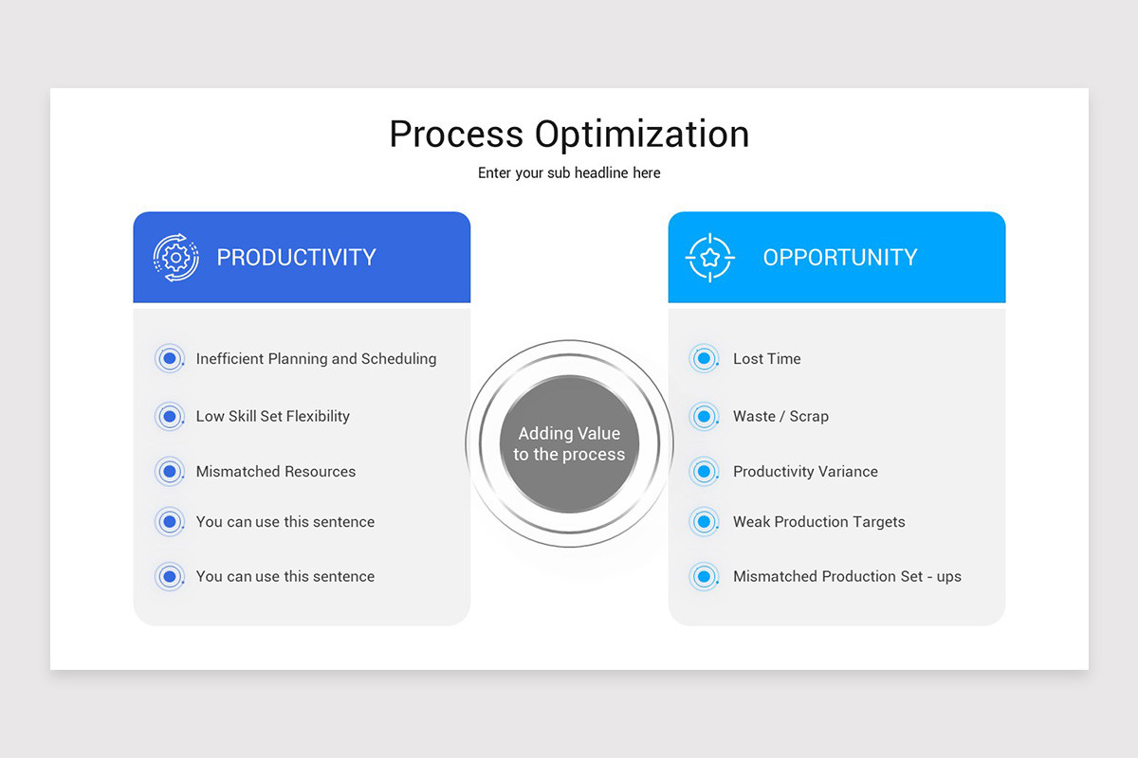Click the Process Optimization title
569,134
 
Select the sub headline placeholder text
569,173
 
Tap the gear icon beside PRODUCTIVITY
175,258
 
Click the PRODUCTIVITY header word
296,258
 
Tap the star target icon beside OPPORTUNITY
710,258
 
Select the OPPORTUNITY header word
839,258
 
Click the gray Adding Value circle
569,444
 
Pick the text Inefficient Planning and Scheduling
316,359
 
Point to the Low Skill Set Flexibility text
272,416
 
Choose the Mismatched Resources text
275,472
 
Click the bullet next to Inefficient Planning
170,359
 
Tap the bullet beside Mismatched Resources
170,471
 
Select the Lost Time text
766,359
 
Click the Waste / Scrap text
780,416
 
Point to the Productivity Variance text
805,472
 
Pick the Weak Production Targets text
818,522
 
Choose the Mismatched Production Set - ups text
847,577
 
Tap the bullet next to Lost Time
704,359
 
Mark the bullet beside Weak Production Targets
704,521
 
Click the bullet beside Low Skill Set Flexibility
170,416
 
